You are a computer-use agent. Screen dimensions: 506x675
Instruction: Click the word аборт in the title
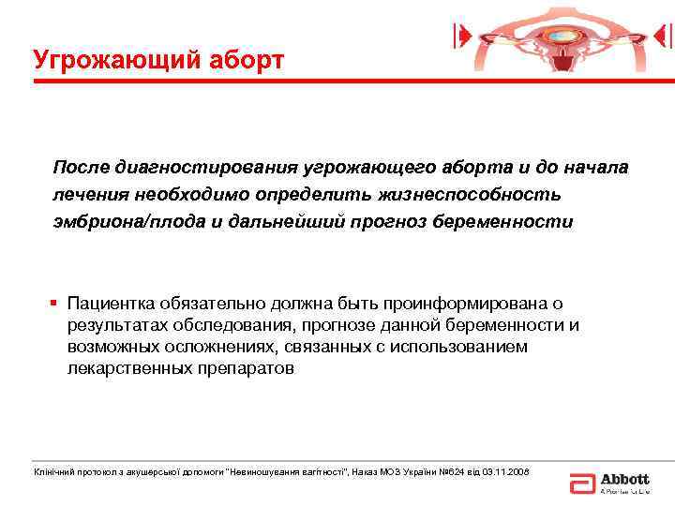(241, 61)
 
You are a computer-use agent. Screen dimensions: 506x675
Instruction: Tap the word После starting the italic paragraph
(82, 167)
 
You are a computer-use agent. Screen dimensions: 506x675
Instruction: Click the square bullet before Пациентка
(56, 305)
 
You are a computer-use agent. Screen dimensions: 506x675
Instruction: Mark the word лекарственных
(127, 368)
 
